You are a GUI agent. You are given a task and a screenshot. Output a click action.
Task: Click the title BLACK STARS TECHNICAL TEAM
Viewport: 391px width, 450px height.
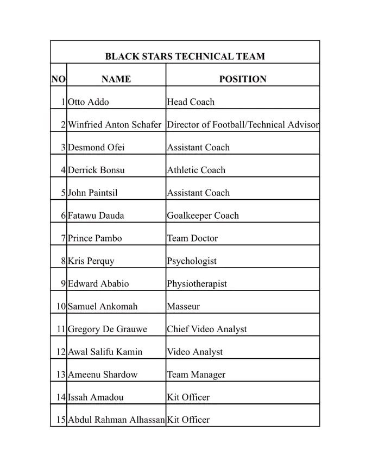185,56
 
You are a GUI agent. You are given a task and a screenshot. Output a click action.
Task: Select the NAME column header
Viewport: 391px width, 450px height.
116,79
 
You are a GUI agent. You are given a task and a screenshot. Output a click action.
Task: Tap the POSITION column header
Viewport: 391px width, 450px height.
243,79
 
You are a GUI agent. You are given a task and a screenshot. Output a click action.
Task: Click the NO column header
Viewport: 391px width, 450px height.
58,79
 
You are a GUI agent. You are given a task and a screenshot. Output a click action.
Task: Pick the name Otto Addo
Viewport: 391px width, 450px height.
89,102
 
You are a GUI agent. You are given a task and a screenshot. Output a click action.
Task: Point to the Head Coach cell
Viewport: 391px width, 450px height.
191,102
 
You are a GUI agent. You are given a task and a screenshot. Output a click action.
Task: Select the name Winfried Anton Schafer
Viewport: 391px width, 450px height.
115,125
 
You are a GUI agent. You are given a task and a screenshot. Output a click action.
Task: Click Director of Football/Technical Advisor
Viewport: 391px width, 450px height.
243,125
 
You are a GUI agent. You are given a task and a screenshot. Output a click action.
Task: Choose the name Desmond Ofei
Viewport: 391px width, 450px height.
96,148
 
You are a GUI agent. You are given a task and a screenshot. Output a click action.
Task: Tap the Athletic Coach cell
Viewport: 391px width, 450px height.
196,170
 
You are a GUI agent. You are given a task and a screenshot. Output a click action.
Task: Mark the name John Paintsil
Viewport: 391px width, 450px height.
92,193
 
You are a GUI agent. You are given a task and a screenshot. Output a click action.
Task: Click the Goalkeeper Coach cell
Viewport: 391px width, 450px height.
203,216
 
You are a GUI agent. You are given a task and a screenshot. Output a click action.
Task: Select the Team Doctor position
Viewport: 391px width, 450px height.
192,239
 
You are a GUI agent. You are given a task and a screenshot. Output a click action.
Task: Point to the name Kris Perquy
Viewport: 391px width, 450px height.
91,262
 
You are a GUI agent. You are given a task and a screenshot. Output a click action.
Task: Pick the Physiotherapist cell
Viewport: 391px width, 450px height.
197,284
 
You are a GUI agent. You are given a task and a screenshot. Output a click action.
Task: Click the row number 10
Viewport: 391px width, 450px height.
61,307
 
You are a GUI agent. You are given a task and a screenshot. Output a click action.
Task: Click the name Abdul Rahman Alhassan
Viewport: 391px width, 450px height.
116,420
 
